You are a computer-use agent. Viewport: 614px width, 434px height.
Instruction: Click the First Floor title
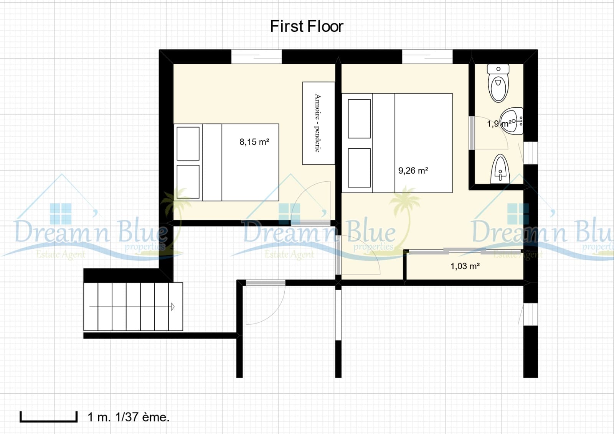[306, 26]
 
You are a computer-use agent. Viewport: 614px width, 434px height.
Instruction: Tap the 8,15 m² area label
[254, 142]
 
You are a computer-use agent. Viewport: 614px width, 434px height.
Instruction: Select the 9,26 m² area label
[413, 171]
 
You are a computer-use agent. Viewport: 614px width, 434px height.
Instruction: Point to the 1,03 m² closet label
[465, 266]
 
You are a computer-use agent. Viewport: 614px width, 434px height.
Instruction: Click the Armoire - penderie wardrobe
[318, 123]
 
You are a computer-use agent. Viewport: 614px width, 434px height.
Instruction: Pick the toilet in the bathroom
[498, 83]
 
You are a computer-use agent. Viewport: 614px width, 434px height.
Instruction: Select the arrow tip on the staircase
[173, 307]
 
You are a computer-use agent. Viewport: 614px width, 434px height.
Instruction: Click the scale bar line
[48, 421]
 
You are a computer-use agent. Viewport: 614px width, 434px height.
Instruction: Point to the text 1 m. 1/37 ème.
[128, 417]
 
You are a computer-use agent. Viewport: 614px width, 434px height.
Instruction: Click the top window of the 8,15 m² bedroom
[256, 57]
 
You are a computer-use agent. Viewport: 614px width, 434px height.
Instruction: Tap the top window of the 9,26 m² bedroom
[427, 57]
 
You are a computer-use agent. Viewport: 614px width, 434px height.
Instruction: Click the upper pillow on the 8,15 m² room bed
[188, 143]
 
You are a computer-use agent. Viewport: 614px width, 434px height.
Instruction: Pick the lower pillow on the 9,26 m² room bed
[359, 168]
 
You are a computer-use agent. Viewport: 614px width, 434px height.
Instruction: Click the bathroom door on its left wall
[472, 133]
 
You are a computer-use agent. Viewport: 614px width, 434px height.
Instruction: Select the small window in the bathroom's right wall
[530, 153]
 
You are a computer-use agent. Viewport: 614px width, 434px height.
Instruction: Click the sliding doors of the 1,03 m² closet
[464, 252]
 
